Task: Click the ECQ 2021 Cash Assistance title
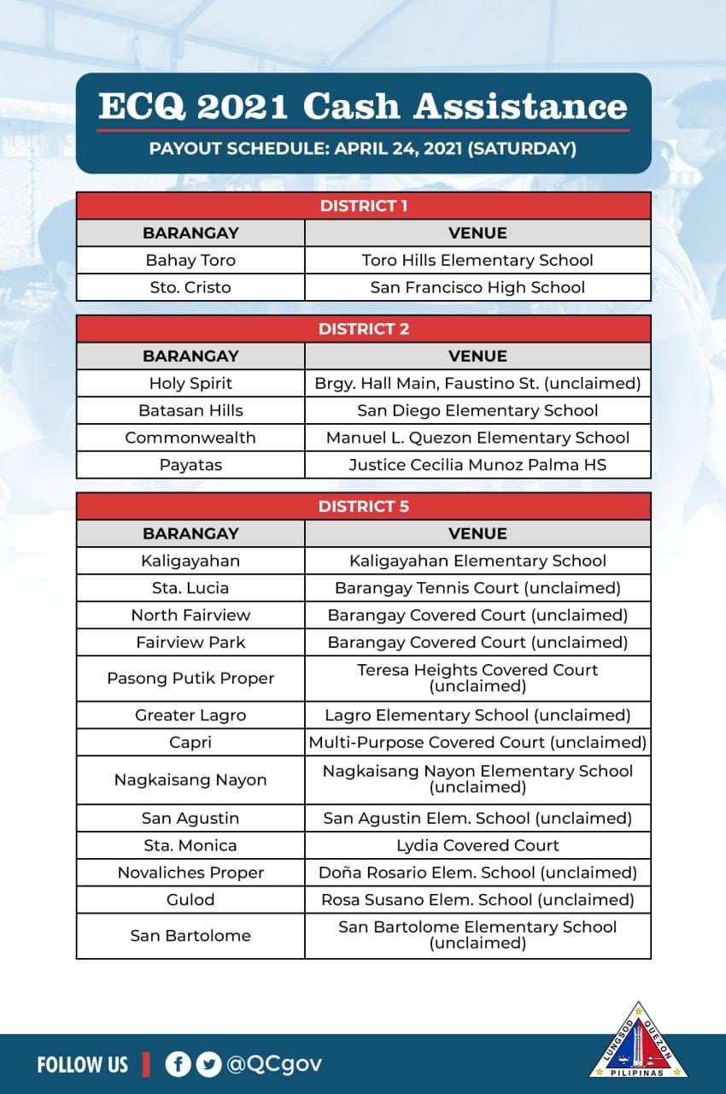tap(363, 107)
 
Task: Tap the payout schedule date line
tap(363, 149)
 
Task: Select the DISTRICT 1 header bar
tap(363, 206)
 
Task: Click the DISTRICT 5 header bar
tap(363, 506)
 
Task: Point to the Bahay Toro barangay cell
tap(190, 260)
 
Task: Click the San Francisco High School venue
tap(477, 287)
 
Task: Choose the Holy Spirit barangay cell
tap(190, 383)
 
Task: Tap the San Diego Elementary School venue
tap(477, 410)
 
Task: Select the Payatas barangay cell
tap(190, 465)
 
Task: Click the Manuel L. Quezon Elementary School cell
tap(477, 438)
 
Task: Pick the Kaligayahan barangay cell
tap(190, 561)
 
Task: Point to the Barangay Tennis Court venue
tap(477, 588)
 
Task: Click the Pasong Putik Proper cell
tap(190, 678)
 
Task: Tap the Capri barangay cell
tap(190, 742)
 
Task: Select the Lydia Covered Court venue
tap(477, 845)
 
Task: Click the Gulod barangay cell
tap(190, 899)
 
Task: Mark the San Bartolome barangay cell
tap(190, 935)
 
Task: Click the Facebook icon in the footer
tap(178, 1064)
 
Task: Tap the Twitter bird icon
tap(208, 1064)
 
